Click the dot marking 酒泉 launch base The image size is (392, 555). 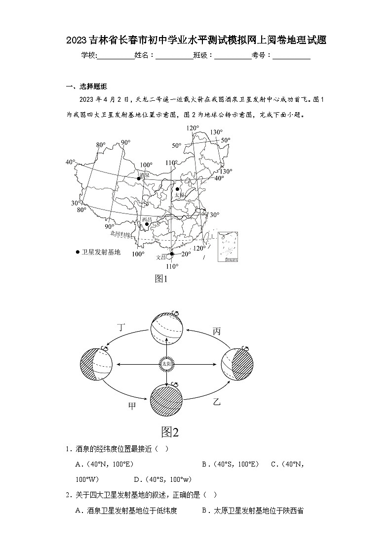pyautogui.click(x=139, y=178)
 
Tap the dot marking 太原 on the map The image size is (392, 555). pyautogui.click(x=178, y=189)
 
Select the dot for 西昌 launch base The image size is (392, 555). pyautogui.click(x=146, y=224)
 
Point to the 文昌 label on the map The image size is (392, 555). pyautogui.click(x=161, y=256)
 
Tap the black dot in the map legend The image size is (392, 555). pyautogui.click(x=78, y=252)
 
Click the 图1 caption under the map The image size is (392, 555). pyautogui.click(x=162, y=279)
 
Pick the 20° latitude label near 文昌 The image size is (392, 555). pyautogui.click(x=186, y=254)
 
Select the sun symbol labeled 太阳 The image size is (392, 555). pyautogui.click(x=166, y=364)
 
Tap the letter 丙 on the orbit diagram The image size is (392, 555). pyautogui.click(x=216, y=331)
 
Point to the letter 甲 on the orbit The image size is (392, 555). pyautogui.click(x=132, y=406)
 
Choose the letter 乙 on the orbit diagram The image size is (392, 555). pyautogui.click(x=216, y=401)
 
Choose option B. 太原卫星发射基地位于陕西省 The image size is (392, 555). pyautogui.click(x=252, y=511)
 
